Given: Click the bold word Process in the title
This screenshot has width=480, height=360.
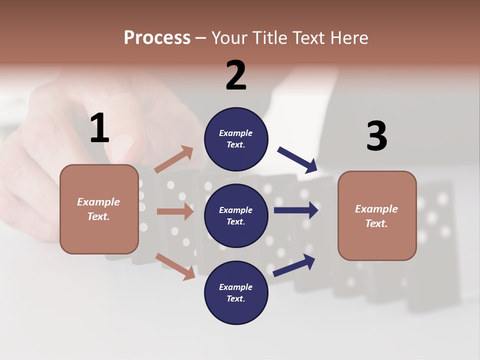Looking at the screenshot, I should [157, 38].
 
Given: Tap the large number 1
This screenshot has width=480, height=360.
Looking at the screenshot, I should [99, 128].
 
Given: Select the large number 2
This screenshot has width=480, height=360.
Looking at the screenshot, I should [236, 75].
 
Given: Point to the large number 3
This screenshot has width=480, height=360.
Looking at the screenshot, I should [376, 136].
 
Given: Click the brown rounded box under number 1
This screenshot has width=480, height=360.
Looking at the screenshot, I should [99, 209].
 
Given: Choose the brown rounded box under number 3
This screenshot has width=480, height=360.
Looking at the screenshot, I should [377, 215].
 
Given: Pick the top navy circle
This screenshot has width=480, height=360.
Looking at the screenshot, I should [236, 139].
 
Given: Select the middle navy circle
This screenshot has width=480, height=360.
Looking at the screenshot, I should [236, 215].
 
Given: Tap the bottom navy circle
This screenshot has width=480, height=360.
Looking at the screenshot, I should [236, 292].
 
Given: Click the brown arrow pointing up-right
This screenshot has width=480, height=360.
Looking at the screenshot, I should [174, 159].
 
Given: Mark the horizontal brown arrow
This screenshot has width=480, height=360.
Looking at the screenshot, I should [175, 211].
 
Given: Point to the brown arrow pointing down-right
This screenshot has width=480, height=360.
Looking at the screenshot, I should [175, 266].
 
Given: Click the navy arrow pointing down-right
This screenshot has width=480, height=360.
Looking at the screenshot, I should [297, 159].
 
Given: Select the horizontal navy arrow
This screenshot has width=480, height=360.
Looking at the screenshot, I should [296, 210].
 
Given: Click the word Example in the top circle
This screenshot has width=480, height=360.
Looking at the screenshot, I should [236, 133].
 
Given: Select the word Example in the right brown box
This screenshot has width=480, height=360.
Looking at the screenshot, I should [376, 209].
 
